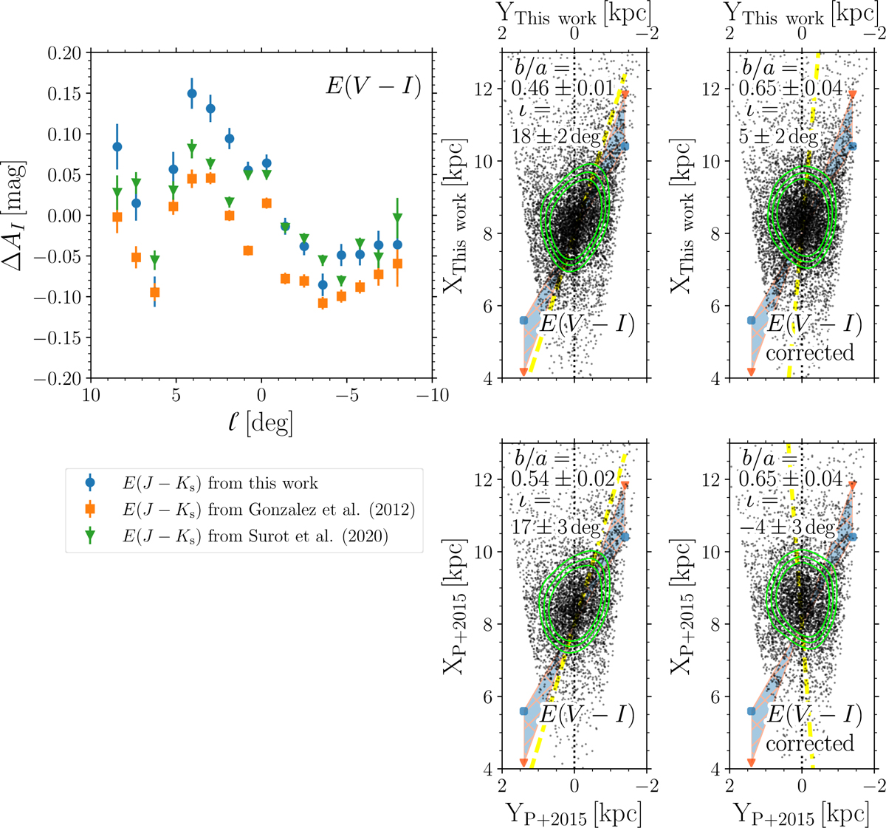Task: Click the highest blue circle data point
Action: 192,94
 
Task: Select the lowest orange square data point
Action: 323,303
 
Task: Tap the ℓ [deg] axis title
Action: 261,423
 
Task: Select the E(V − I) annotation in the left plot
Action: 373,87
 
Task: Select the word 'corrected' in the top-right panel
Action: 810,353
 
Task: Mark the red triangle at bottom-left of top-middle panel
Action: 523,372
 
